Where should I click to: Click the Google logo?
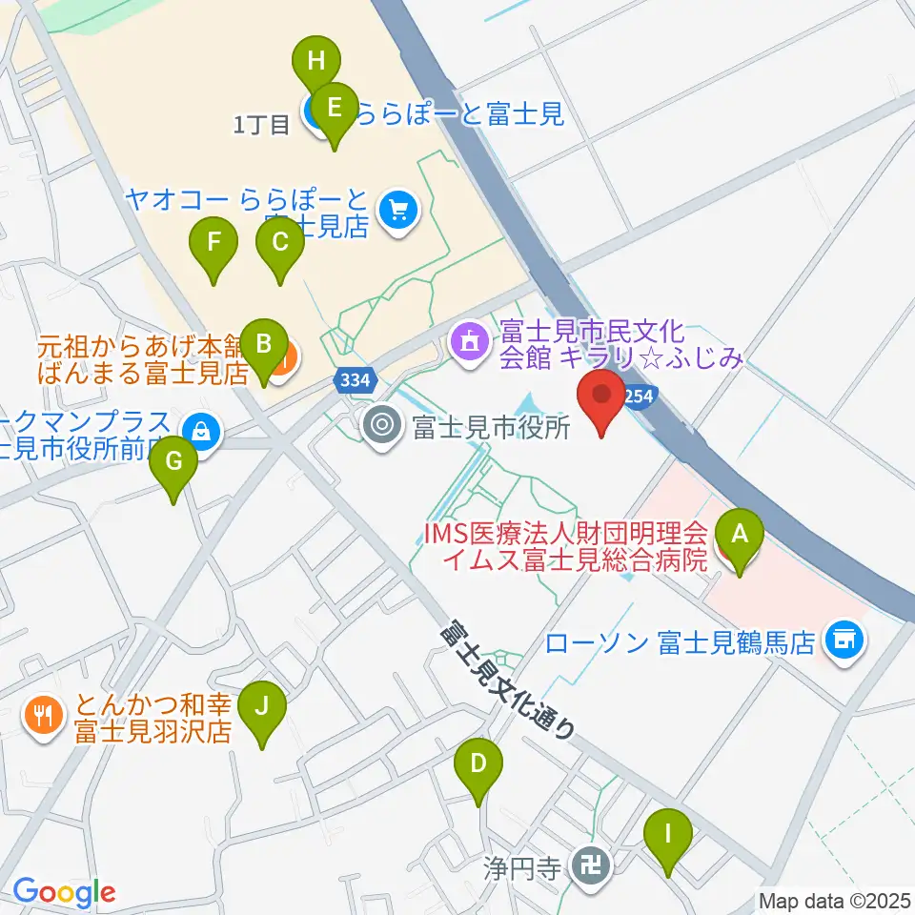click(64, 893)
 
